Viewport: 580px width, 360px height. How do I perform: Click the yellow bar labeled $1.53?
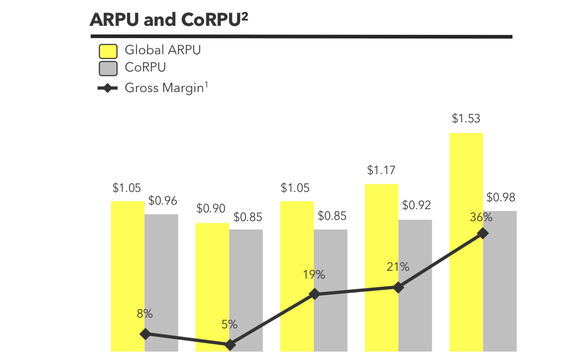coord(467,240)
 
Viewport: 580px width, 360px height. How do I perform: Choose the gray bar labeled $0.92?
coord(416,285)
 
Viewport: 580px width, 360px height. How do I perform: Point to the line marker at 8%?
coord(146,334)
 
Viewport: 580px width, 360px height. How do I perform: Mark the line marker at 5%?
coord(230,345)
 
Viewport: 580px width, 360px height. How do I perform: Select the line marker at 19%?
coord(315,294)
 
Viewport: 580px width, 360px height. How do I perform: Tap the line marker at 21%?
coord(398,287)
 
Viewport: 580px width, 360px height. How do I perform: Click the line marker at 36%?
coord(483,233)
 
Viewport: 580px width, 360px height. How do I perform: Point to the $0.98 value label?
coord(500,197)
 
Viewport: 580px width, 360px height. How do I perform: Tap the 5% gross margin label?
coord(229,324)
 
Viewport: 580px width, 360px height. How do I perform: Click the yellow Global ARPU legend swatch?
coord(108,51)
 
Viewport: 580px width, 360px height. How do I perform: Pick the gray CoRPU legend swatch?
coord(108,68)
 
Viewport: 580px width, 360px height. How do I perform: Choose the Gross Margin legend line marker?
coord(108,89)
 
